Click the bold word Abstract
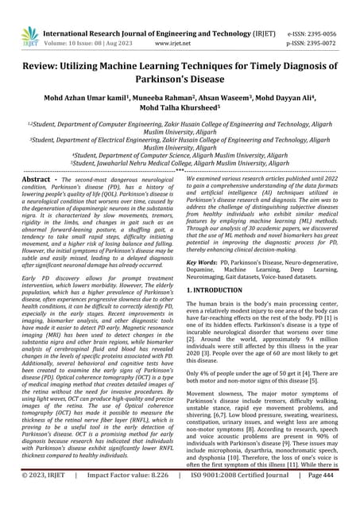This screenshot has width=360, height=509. click(42, 181)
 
